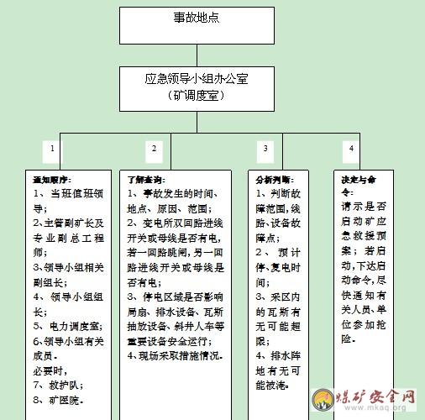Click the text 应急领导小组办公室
pyautogui.click(x=197, y=79)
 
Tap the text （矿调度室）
pyautogui.click(x=196, y=96)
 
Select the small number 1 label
pyautogui.click(x=52, y=149)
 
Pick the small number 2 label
pyautogui.click(x=154, y=149)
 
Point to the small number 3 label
pyautogui.click(x=265, y=149)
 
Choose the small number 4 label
pyautogui.click(x=351, y=149)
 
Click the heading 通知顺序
pyautogui.click(x=52, y=180)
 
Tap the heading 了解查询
pyautogui.click(x=146, y=180)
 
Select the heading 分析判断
pyautogui.click(x=275, y=180)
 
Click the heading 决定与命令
pyautogui.click(x=359, y=186)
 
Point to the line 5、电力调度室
pyautogui.click(x=68, y=326)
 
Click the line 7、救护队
pyautogui.click(x=58, y=386)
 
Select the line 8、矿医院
pyautogui.click(x=58, y=400)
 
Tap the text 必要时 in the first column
pyautogui.click(x=50, y=370)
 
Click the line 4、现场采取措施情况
pyautogui.click(x=175, y=355)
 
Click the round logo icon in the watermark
pyautogui.click(x=323, y=400)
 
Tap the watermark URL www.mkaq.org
pyautogui.click(x=375, y=407)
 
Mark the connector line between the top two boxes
pyautogui.click(x=197, y=55)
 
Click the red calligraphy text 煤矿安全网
pyautogui.click(x=375, y=396)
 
